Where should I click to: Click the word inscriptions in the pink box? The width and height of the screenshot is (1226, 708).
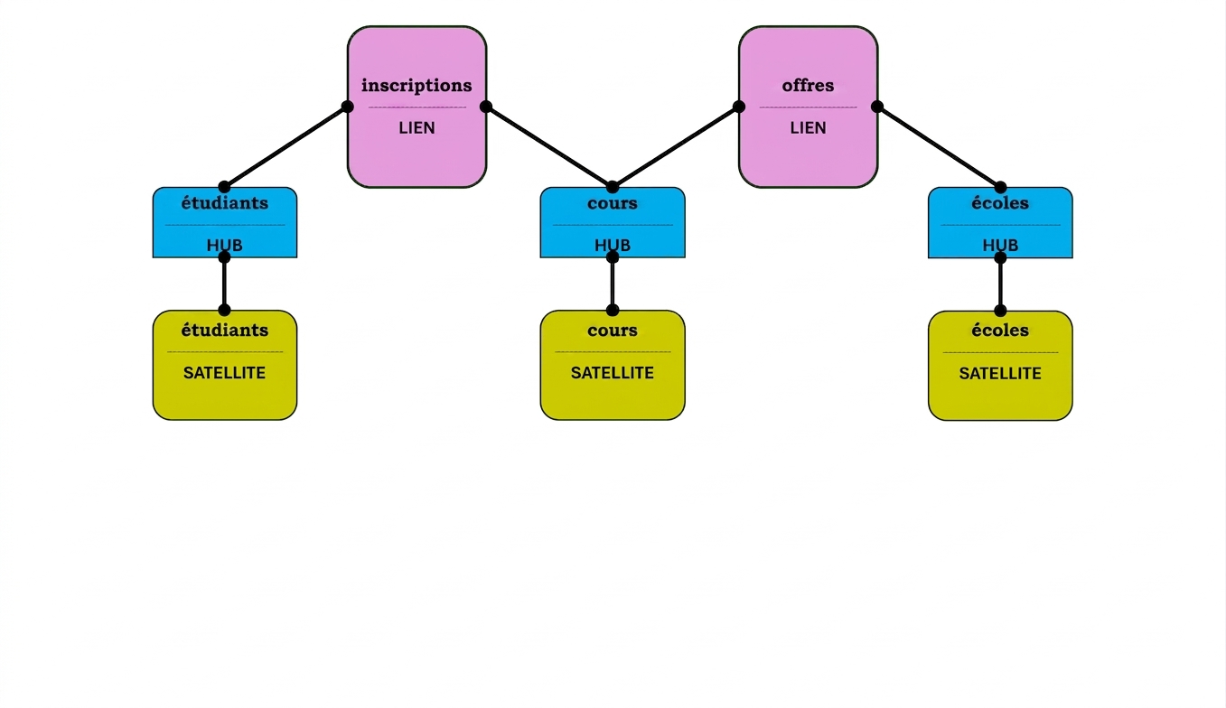click(x=416, y=86)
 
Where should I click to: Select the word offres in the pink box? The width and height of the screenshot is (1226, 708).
click(x=808, y=86)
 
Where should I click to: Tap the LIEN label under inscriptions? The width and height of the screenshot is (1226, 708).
click(x=416, y=128)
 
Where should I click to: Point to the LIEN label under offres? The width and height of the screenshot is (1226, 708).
click(x=808, y=128)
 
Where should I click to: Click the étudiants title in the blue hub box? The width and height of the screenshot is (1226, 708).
click(x=224, y=203)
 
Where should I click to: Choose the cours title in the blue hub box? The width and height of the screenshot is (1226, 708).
click(x=613, y=203)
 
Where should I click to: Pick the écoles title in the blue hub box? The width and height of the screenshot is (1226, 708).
click(x=1000, y=203)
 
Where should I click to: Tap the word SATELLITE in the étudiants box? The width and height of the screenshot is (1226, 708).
click(x=224, y=373)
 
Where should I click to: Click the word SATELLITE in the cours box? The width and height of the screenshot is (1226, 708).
click(x=613, y=373)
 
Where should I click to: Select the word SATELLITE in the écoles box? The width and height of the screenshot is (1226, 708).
click(x=1000, y=374)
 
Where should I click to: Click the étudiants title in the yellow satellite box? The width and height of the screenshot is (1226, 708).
click(x=224, y=330)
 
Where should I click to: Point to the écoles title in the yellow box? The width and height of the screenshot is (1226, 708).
click(x=1000, y=330)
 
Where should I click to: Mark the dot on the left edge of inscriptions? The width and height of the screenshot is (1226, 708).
click(x=348, y=107)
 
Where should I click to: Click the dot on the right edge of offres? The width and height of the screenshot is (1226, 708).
click(x=876, y=107)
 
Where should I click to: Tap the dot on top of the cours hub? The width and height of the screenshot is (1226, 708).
click(x=613, y=187)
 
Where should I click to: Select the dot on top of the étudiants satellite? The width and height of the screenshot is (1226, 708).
click(x=224, y=311)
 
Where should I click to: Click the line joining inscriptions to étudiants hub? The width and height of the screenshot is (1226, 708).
click(x=285, y=147)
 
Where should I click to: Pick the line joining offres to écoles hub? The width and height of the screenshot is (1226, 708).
click(x=939, y=147)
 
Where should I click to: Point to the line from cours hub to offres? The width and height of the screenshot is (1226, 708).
click(x=676, y=147)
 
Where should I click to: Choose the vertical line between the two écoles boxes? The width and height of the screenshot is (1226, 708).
click(x=1000, y=284)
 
